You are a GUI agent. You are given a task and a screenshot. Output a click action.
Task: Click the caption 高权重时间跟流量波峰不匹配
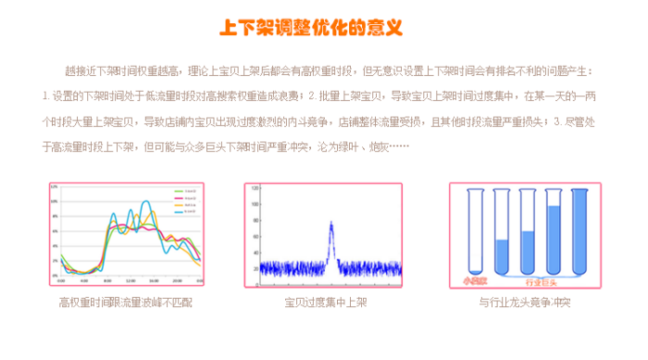[127, 302]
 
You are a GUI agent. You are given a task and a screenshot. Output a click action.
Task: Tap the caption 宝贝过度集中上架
[324, 302]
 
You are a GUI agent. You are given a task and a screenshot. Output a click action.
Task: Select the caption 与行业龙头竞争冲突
[525, 302]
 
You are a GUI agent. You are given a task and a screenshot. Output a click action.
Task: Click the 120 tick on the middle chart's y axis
[254, 188]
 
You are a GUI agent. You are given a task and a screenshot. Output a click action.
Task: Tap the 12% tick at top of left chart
[55, 188]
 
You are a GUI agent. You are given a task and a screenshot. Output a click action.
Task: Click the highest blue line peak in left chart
[144, 203]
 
